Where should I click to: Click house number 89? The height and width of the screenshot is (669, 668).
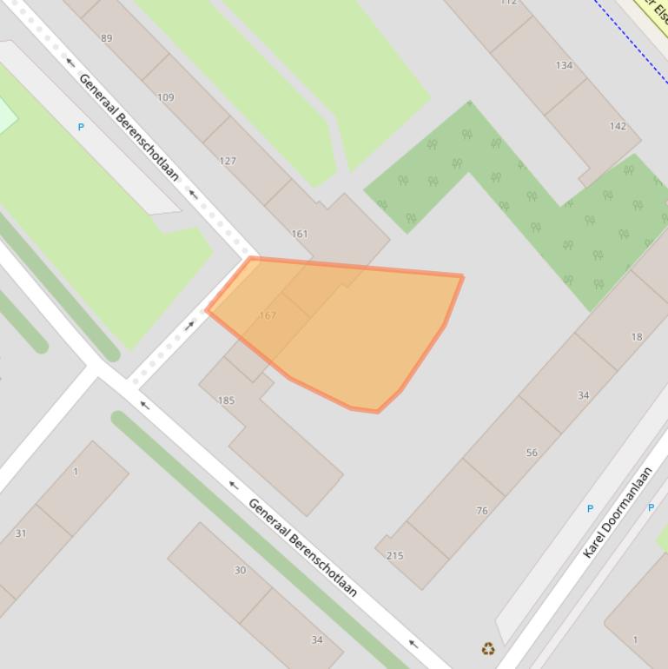pos(107,38)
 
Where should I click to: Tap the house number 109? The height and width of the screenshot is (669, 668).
pos(166,97)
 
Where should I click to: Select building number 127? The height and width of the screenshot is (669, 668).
pos(228,161)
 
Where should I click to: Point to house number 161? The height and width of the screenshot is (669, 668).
pos(300,234)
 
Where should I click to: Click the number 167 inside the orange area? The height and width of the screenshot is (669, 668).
pos(268,315)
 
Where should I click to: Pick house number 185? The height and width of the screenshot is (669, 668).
pos(226,401)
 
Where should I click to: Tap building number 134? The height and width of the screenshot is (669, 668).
pos(564,65)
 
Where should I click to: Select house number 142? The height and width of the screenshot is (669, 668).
pos(618,126)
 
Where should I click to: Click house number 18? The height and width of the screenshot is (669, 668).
pos(637,337)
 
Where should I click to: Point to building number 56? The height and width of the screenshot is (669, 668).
pos(532,453)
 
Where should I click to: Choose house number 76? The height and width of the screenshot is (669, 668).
pos(482,511)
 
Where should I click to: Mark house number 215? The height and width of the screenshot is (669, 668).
pos(395,555)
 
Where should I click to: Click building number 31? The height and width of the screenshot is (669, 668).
pos(21,533)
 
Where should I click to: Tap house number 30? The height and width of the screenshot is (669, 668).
pos(240,570)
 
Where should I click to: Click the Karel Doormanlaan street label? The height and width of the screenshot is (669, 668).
pos(618,513)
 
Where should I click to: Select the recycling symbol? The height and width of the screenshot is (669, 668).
pos(488,648)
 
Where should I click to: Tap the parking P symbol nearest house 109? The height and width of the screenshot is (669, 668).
pos(81,127)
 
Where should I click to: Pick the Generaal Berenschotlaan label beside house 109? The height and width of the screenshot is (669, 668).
pos(129,127)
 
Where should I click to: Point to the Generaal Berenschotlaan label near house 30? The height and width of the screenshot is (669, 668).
pos(302,547)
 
